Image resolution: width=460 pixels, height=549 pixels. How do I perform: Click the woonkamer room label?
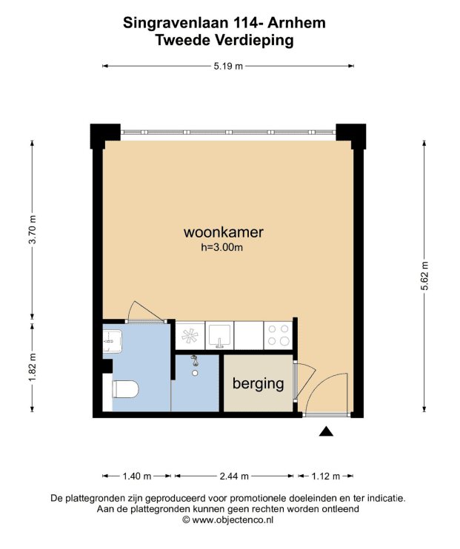tap(224, 232)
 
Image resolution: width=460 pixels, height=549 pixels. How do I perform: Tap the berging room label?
tap(258, 384)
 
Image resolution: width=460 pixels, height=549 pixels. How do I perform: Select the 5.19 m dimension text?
tap(228, 66)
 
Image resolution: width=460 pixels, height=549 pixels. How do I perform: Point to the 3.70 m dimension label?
tap(33, 229)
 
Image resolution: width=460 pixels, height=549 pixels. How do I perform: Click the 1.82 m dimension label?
tap(33, 368)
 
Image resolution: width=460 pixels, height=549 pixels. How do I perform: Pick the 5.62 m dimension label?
tap(424, 276)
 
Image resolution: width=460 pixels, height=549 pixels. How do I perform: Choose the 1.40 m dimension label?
tap(137, 476)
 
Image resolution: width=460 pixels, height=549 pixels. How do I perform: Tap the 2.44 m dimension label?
tap(234, 476)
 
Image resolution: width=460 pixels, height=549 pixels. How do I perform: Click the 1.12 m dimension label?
tap(326, 476)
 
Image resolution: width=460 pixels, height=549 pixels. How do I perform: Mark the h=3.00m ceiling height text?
tap(222, 248)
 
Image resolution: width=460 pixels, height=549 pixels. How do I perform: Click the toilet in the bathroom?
tap(125, 389)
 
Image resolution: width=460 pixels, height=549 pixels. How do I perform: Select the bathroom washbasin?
tap(112, 341)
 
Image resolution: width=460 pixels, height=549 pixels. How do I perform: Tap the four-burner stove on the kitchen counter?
tap(279, 335)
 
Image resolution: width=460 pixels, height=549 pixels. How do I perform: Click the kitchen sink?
tap(219, 336)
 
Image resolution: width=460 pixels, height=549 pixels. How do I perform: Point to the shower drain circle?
tap(195, 373)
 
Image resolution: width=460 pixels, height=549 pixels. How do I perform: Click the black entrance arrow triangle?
tap(326, 432)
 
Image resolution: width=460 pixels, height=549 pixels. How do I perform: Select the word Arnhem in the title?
tap(296, 23)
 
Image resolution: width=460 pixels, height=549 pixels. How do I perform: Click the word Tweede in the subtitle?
tap(183, 40)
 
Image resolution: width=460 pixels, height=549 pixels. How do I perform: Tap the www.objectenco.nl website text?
tap(233, 520)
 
